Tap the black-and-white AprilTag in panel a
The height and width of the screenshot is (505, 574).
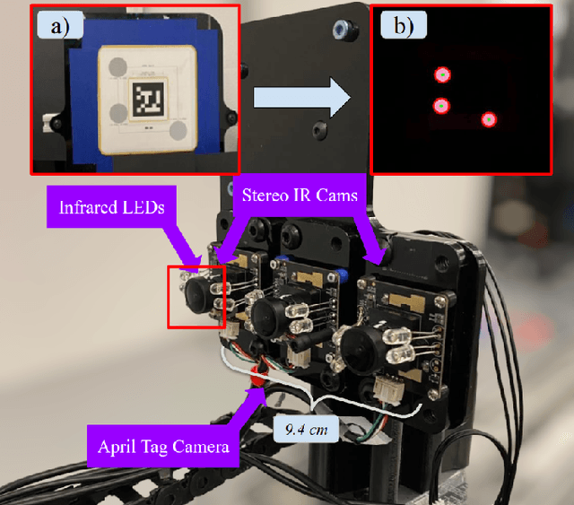tap(146, 98)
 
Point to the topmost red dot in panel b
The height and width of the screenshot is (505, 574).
tap(441, 75)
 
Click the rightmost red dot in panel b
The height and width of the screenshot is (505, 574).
tap(488, 119)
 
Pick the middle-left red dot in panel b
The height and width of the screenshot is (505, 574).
tap(441, 106)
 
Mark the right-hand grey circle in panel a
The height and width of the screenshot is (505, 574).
tap(180, 131)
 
